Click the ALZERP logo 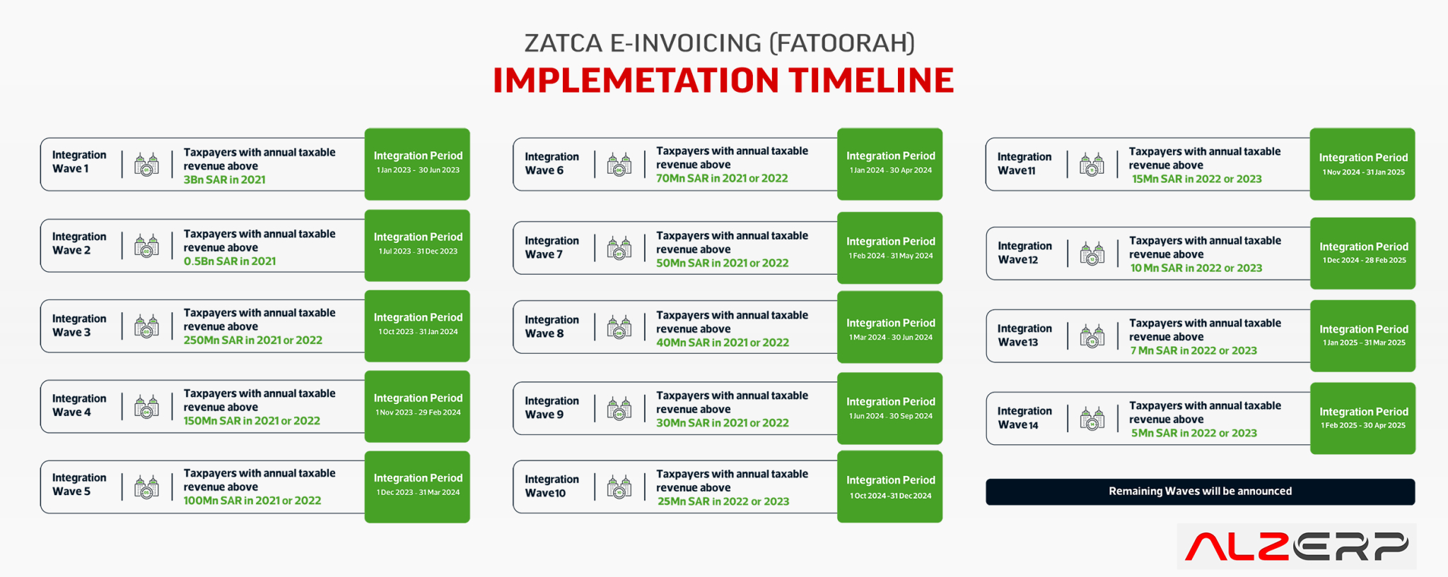(x=1296, y=546)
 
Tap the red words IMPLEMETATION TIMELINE (x=723, y=81)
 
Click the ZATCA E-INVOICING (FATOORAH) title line (x=719, y=43)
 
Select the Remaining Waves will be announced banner (x=1200, y=492)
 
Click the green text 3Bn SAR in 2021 (x=224, y=180)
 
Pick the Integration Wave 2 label (x=79, y=244)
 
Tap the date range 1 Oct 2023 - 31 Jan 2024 (x=418, y=332)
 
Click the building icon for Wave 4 (x=146, y=407)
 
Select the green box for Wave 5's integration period (x=417, y=487)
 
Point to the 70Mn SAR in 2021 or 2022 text (x=721, y=179)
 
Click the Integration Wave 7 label (x=551, y=248)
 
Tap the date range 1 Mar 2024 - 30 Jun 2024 (x=890, y=338)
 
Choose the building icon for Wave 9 (x=619, y=408)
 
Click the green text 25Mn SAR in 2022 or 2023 (x=723, y=501)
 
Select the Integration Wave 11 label (x=1024, y=164)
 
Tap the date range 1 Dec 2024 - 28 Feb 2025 (x=1364, y=261)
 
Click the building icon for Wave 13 (x=1092, y=336)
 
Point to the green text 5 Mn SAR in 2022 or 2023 (x=1193, y=434)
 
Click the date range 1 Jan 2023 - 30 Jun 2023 (x=418, y=170)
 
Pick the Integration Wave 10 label (x=551, y=487)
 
